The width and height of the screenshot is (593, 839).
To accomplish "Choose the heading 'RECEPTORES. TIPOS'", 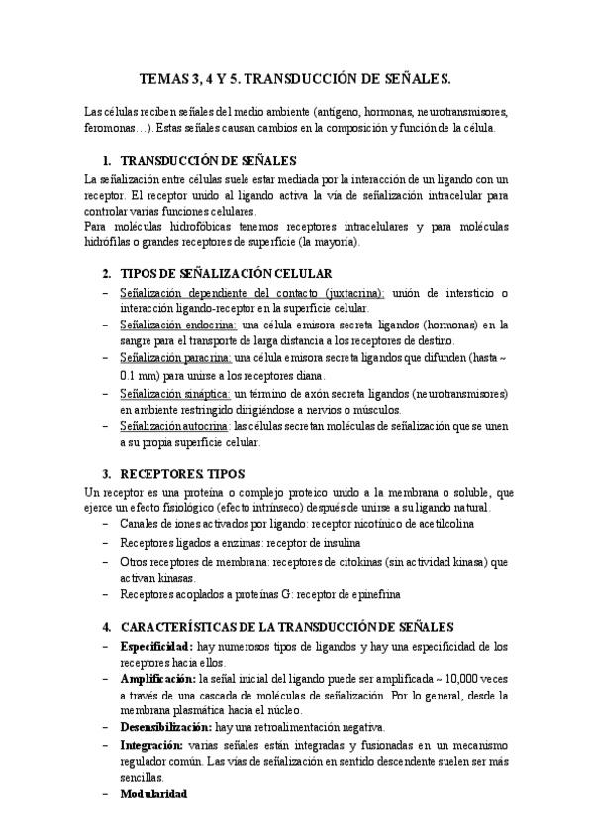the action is point(187,474).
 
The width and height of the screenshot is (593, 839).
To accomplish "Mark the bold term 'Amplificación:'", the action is point(157,680).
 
